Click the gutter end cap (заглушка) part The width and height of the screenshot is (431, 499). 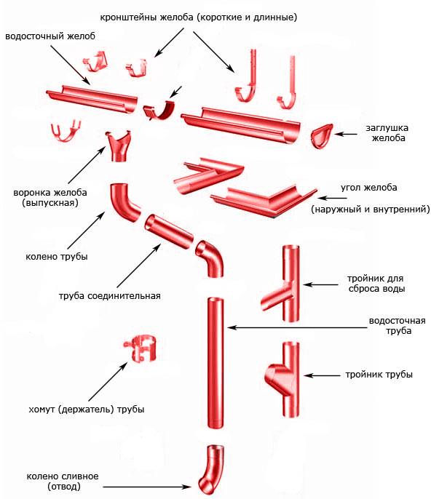321,136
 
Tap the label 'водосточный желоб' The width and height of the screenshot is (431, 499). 50,36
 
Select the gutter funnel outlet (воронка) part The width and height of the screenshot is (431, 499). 118,146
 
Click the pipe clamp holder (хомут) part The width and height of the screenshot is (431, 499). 141,348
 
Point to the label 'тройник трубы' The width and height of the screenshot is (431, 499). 379,375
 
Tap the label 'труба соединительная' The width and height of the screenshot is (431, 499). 110,296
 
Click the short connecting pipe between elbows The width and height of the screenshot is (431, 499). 169,231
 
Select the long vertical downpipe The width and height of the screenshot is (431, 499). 215,363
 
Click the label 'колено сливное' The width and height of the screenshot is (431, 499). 63,476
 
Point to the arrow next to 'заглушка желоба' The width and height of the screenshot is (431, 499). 346,135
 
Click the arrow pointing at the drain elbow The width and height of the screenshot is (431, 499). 147,487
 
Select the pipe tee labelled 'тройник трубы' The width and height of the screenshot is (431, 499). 283,380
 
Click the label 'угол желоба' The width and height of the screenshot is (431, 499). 369,188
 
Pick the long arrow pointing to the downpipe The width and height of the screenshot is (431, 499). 298,327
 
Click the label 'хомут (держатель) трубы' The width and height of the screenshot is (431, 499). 87,410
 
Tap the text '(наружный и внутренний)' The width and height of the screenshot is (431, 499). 371,209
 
